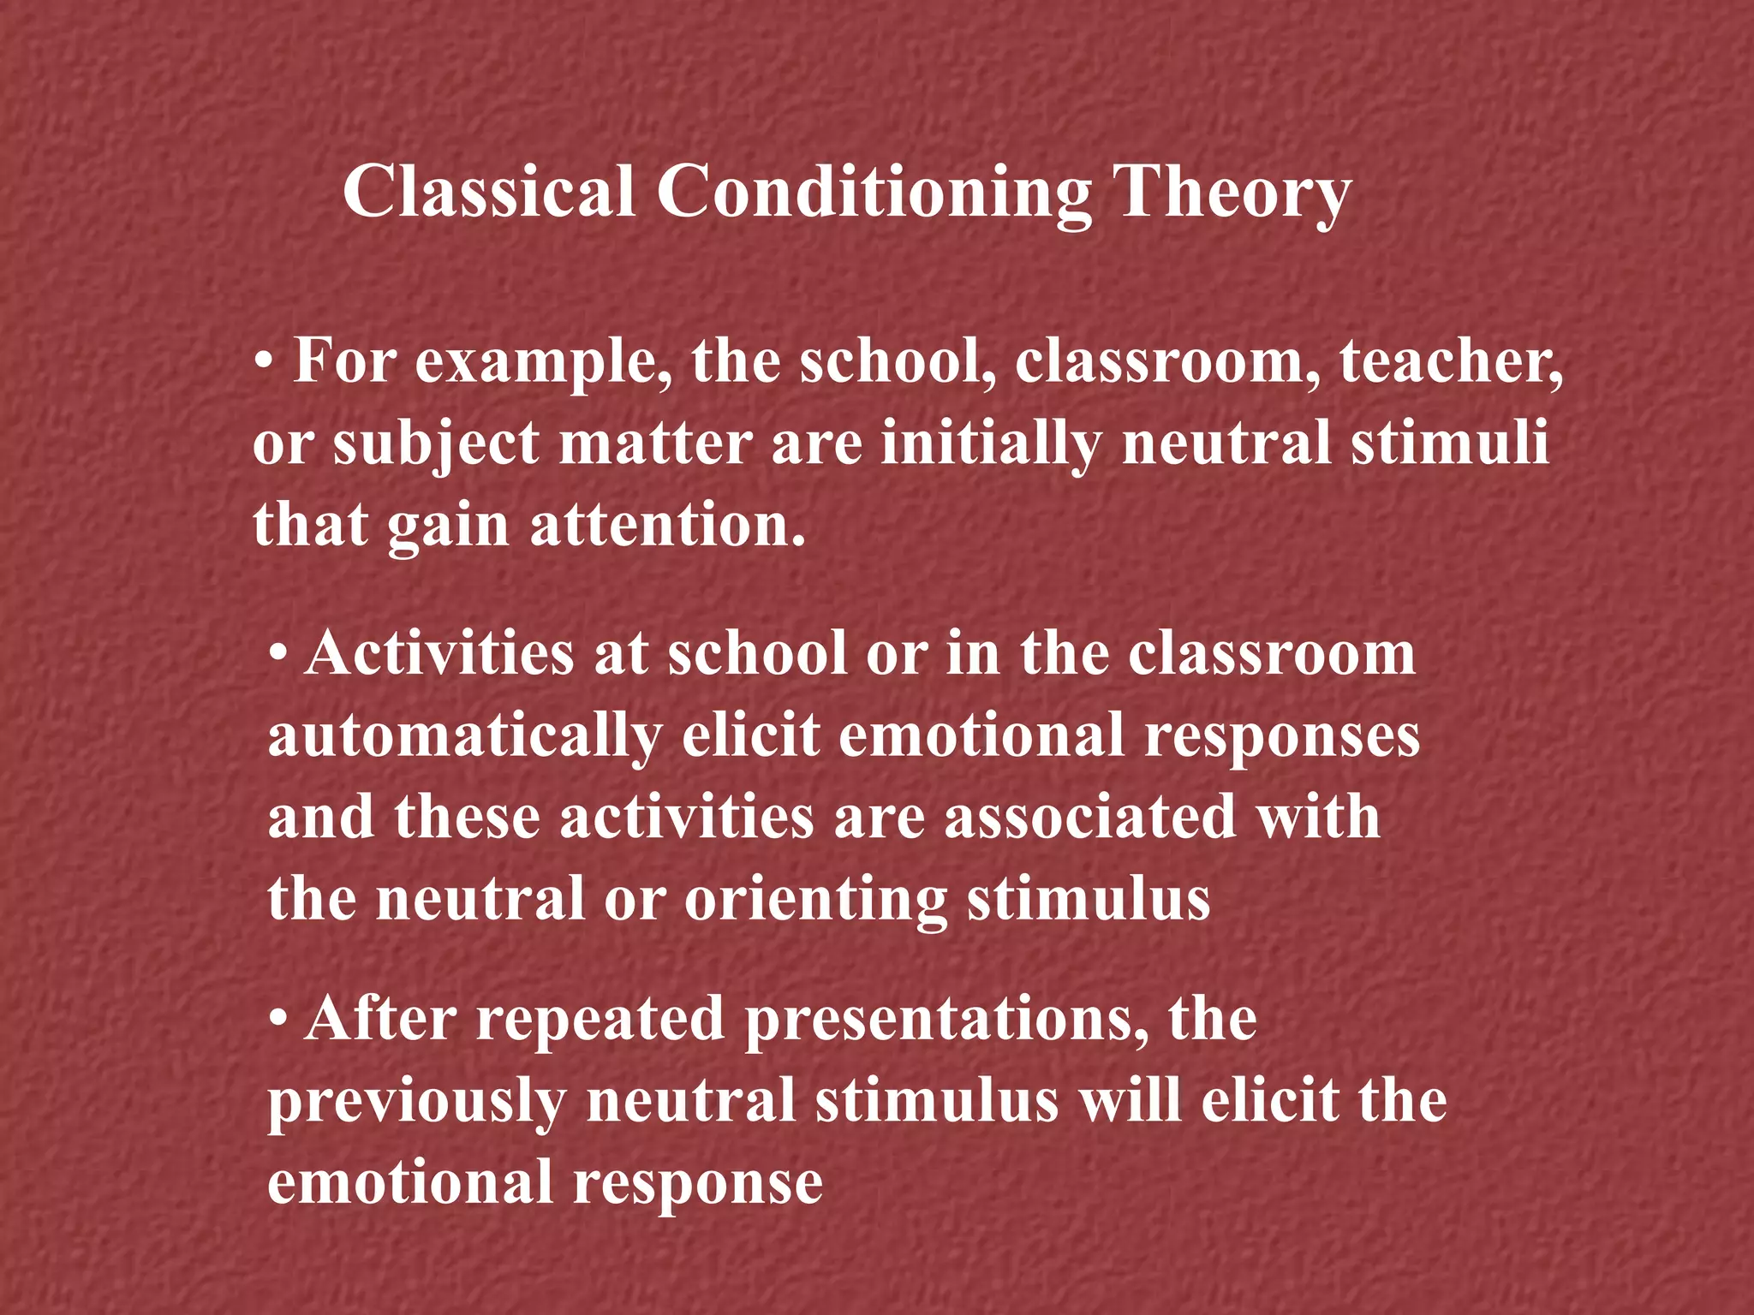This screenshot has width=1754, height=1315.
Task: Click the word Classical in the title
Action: (x=488, y=192)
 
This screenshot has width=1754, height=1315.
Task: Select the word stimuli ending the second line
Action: (x=1449, y=443)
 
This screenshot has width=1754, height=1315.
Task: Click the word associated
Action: (x=1090, y=817)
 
